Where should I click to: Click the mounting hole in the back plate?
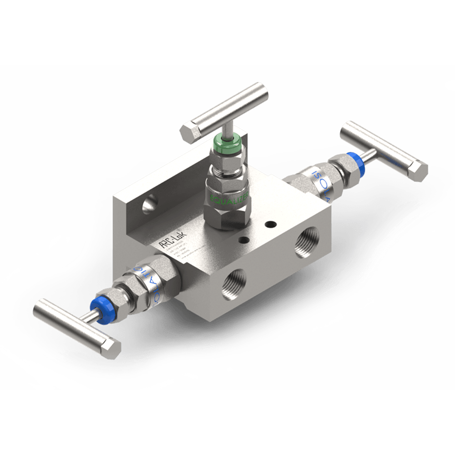148,203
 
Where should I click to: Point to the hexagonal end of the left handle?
111,347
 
